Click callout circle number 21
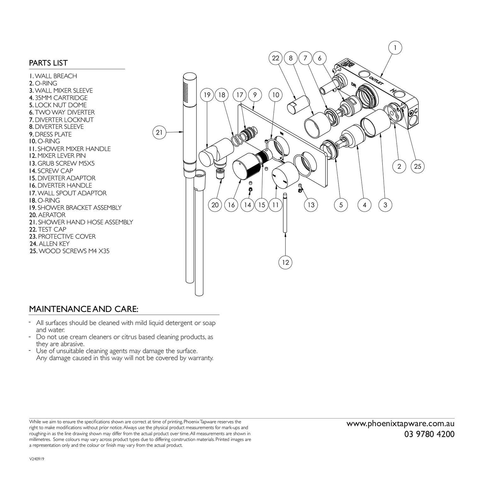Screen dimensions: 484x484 159,132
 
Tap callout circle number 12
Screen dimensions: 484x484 285,262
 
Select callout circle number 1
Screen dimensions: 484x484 395,48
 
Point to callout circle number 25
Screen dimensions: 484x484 418,166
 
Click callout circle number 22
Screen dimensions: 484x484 276,58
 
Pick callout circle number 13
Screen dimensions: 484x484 311,205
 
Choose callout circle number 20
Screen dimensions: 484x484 215,205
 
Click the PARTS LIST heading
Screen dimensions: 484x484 48,63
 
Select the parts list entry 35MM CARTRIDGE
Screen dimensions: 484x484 58,98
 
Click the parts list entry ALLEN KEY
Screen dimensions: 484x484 49,244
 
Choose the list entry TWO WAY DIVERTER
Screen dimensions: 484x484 62,112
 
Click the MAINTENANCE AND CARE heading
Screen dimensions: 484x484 84,309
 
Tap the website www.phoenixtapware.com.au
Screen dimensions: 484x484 400,424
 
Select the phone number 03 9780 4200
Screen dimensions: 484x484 429,434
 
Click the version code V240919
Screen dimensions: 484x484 36,459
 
